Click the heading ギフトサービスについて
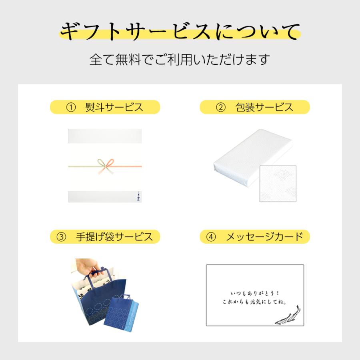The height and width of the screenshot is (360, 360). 180,32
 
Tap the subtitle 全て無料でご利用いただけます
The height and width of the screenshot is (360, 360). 180,60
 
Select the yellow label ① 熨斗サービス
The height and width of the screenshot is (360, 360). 105,107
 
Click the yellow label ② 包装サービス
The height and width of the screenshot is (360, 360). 255,107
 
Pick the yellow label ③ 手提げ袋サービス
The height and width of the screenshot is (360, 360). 105,237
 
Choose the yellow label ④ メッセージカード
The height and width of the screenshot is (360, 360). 255,237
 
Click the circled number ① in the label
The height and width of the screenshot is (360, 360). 71,107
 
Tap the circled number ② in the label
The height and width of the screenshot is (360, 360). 221,107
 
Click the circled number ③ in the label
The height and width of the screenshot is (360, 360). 61,237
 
